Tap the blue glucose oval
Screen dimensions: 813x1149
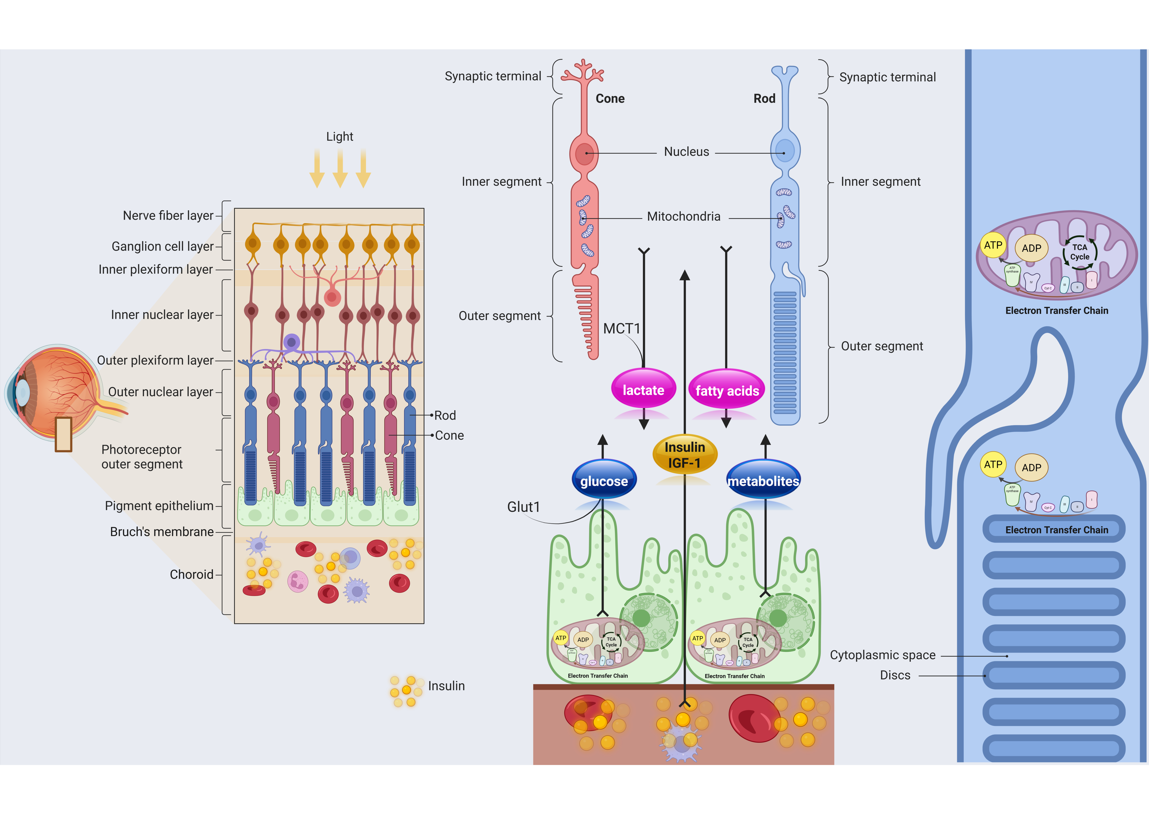604,481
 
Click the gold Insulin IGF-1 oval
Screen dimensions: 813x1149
685,454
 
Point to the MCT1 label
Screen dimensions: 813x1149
622,328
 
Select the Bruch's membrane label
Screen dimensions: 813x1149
162,532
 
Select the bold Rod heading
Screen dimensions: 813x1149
764,99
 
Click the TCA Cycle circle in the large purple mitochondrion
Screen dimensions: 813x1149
1079,252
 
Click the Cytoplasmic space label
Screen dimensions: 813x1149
882,655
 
